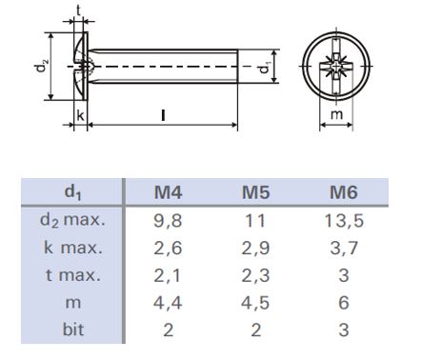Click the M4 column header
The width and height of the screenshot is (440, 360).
point(168,192)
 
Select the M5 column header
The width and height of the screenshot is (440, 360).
point(256,192)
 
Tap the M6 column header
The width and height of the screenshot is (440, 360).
point(344,192)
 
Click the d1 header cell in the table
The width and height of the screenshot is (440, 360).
point(72,192)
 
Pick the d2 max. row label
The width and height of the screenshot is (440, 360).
point(72,220)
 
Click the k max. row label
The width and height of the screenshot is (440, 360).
point(73,248)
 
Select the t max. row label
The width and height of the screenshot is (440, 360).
point(73,275)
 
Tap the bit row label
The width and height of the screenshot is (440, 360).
point(73,330)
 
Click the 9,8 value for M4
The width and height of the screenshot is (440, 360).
point(168,221)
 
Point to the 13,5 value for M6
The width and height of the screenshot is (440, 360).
point(344,221)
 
